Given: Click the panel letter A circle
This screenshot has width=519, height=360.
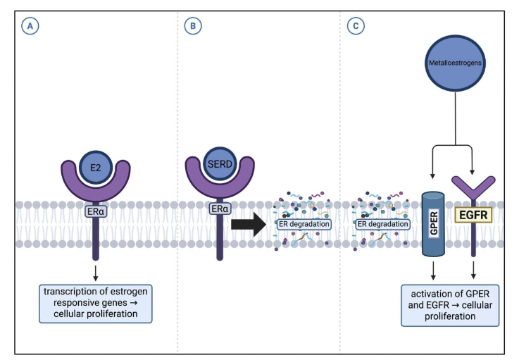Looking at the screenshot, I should click(29, 27).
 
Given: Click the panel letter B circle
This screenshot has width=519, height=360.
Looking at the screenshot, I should click(192, 27).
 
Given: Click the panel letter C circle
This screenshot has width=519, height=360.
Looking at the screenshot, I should click(356, 27).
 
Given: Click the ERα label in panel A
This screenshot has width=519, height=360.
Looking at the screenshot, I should click(96, 210).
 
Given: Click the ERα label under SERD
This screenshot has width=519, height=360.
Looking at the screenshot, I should click(219, 210).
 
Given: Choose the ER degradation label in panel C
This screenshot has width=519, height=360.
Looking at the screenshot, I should click(383, 225).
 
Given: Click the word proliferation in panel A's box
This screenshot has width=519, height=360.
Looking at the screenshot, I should click(120, 313).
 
